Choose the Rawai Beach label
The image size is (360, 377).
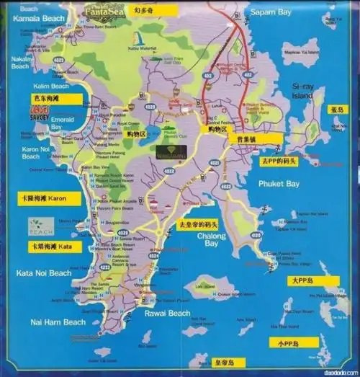(x=170, y=313)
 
